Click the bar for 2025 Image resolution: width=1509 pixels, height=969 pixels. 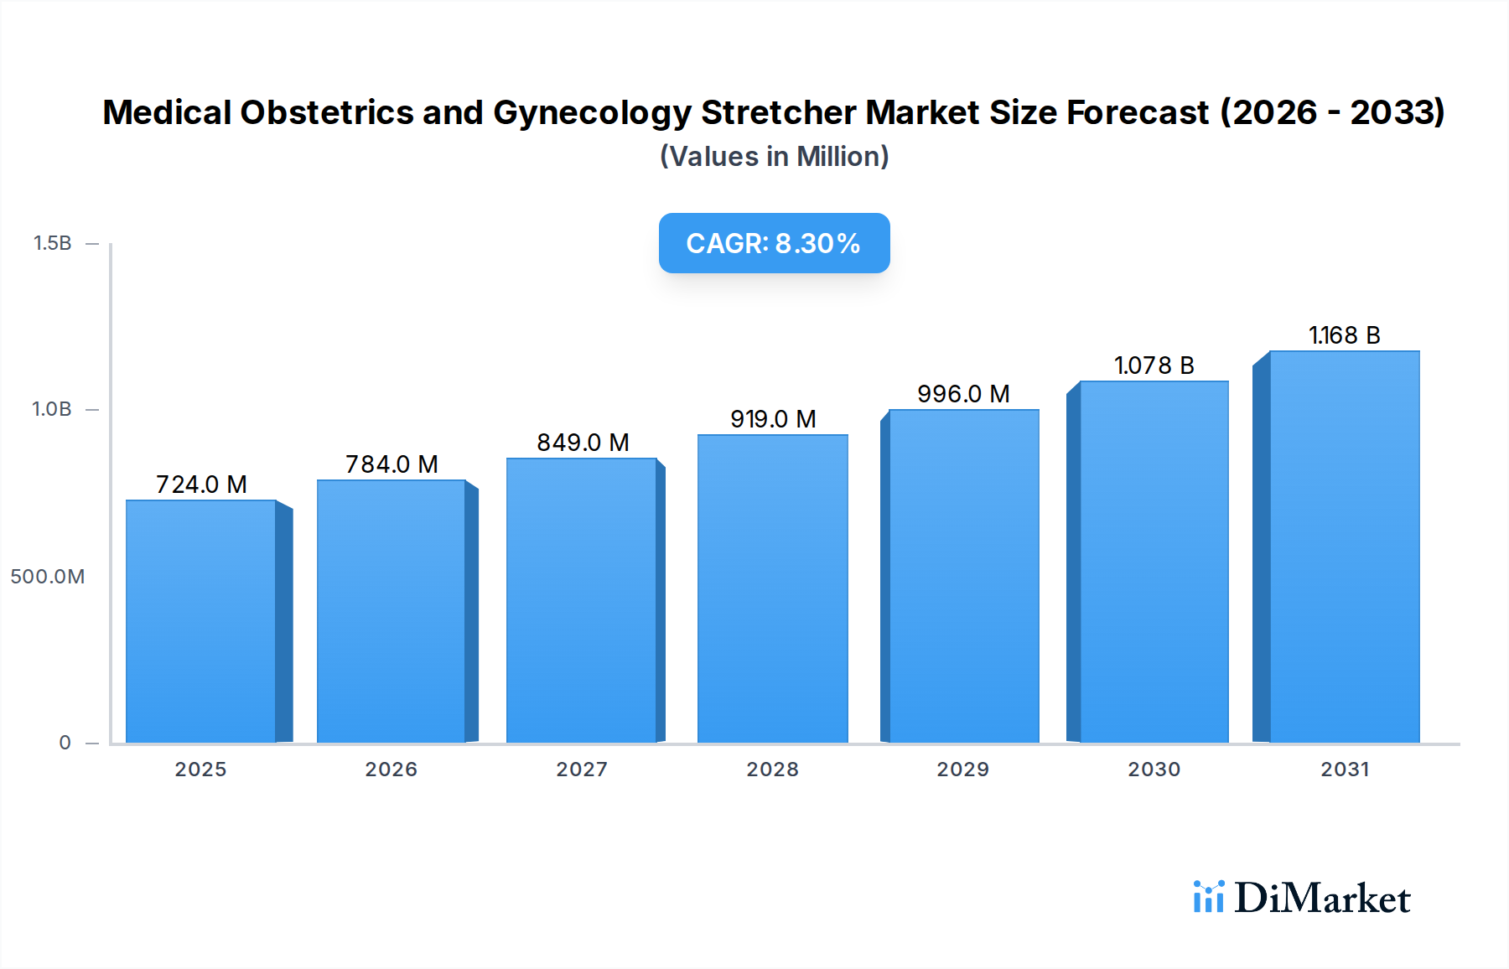(201, 620)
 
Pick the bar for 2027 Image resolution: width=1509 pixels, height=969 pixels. (581, 600)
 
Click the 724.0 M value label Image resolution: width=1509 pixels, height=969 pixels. (201, 484)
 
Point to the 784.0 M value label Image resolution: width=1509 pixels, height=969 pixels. (392, 464)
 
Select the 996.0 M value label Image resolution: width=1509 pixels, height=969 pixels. (963, 394)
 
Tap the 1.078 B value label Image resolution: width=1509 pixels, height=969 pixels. (1154, 365)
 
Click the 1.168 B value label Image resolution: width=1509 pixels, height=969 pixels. (1344, 335)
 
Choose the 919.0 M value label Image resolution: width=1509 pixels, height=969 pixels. (772, 419)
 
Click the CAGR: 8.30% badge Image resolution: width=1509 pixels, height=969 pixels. (774, 243)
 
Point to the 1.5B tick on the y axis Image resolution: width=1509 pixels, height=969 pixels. (52, 243)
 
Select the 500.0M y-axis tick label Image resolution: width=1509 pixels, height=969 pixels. (47, 577)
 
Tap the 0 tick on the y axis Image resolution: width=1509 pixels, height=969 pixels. (65, 743)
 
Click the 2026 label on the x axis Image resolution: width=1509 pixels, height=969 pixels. (391, 769)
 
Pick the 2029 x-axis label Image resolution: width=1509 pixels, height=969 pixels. (962, 769)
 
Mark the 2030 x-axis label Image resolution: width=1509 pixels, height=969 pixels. (1154, 769)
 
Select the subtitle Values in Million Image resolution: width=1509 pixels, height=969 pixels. (774, 157)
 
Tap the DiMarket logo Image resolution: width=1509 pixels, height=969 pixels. (1301, 898)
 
